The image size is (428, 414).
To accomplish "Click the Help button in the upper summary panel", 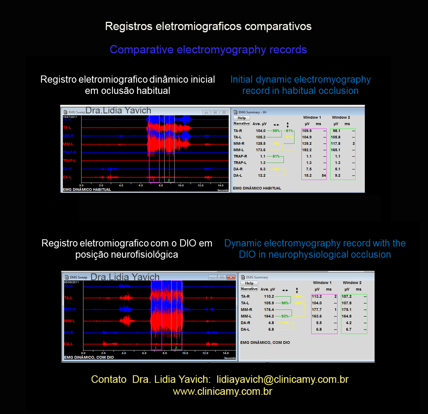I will point(241,118).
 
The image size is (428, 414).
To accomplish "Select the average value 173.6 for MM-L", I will point(261,150).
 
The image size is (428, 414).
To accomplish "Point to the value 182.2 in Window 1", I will point(307,150).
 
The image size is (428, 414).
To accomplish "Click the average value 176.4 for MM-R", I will point(269,310).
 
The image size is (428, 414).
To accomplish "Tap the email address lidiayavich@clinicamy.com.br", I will point(282,379).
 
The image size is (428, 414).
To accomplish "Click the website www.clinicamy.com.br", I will point(222,391).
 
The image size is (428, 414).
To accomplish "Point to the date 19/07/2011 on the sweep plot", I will point(70,117).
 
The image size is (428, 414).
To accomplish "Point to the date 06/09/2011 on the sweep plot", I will point(71,282).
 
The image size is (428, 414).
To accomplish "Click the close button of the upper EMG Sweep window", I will point(224,112).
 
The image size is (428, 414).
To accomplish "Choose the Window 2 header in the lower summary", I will point(352,283).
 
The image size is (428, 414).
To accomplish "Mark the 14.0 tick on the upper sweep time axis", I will point(220,185).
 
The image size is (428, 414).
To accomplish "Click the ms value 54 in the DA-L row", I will point(324,175).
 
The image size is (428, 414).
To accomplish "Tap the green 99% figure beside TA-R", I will point(276,131).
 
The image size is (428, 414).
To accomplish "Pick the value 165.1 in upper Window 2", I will point(335,150).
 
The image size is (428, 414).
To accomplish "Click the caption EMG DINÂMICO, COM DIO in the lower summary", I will point(265,343).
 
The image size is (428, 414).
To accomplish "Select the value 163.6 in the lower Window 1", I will point(317,316).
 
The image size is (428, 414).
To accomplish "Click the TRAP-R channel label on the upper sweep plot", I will point(70,153).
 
